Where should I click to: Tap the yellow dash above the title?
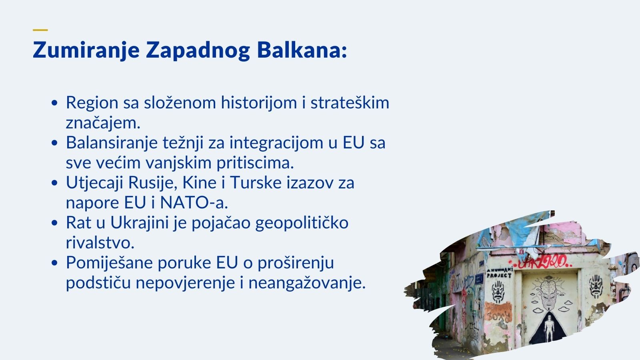[40, 30]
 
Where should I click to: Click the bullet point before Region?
[54, 103]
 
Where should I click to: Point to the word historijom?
[259, 102]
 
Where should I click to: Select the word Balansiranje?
[112, 143]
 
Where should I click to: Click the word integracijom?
[276, 143]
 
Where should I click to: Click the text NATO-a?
[194, 202]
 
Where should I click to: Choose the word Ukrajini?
[140, 223]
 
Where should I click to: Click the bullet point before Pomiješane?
[54, 263]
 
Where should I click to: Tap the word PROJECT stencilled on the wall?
[499, 276]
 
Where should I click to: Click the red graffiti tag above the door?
[540, 262]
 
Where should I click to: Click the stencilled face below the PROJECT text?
[498, 292]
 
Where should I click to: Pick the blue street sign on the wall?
[479, 278]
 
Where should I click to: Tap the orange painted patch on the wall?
[498, 313]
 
